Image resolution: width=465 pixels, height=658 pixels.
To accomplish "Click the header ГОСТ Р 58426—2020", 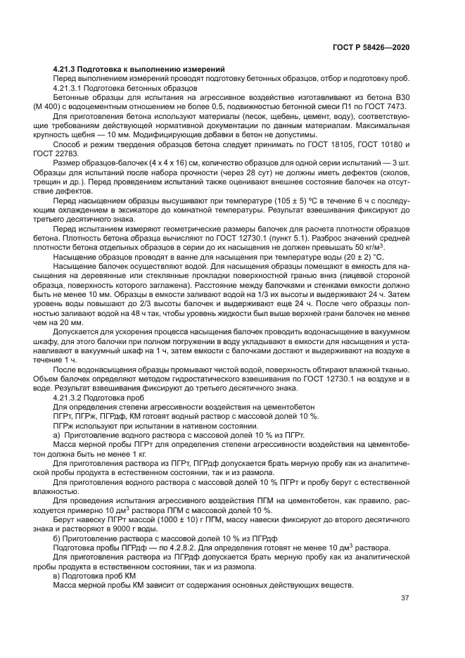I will [x=371, y=46].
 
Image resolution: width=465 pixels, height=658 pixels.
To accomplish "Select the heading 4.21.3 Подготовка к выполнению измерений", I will [x=139, y=69].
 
